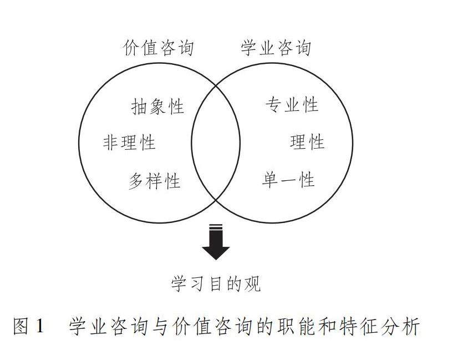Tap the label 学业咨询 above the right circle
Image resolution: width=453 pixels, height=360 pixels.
(x=276, y=48)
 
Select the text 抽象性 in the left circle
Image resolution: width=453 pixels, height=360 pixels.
(x=157, y=106)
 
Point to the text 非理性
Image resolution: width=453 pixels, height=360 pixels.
(x=129, y=143)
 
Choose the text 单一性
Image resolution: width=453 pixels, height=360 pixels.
(x=288, y=180)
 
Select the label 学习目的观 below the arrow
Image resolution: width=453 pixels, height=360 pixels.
(x=216, y=285)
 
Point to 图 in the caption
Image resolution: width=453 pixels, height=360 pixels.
(x=21, y=327)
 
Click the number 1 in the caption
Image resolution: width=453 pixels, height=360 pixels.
(x=39, y=327)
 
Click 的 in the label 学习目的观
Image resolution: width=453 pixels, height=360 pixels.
(x=234, y=285)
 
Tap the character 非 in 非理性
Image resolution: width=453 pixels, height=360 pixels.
(x=111, y=143)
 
